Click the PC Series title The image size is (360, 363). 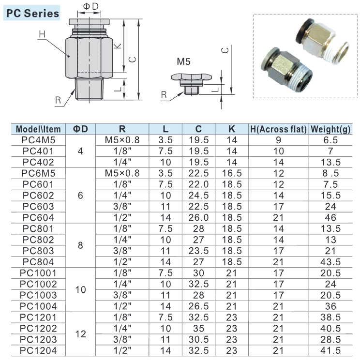pyautogui.click(x=32, y=13)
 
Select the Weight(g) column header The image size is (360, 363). pyautogui.click(x=330, y=129)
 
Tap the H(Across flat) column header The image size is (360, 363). pyautogui.click(x=279, y=129)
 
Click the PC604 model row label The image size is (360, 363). pyautogui.click(x=38, y=218)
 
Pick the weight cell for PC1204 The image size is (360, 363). pyautogui.click(x=330, y=350)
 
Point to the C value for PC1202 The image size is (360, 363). pyautogui.click(x=199, y=328)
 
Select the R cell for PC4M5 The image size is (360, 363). pyautogui.click(x=122, y=140)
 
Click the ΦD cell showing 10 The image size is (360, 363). pyautogui.click(x=80, y=289)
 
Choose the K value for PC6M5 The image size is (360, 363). pyautogui.click(x=232, y=173)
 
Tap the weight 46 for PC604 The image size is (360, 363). pyautogui.click(x=330, y=218)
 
